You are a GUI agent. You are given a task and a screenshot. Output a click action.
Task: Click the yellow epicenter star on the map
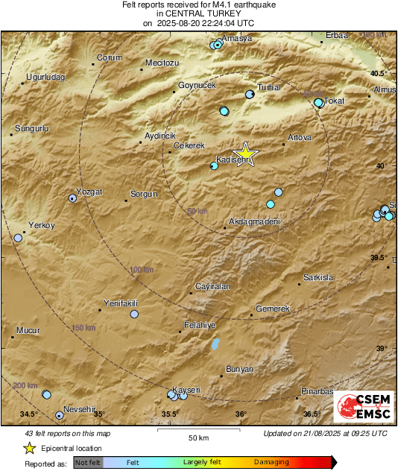pyautogui.click(x=245, y=154)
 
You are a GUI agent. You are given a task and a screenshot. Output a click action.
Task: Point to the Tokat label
pyautogui.click(x=338, y=101)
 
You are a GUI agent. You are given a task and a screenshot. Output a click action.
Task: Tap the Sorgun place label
pyautogui.click(x=145, y=194)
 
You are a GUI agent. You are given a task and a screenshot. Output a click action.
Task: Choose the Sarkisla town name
pyautogui.click(x=318, y=277)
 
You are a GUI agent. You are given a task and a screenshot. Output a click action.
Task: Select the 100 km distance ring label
pyautogui.click(x=142, y=269)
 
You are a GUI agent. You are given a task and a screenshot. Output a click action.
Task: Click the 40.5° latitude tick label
pyautogui.click(x=379, y=73)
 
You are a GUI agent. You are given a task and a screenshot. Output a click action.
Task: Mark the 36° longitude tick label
pyautogui.click(x=241, y=414)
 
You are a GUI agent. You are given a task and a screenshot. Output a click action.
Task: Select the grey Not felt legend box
pyautogui.click(x=89, y=463)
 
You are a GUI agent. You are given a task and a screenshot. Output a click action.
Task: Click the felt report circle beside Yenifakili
pyautogui.click(x=134, y=314)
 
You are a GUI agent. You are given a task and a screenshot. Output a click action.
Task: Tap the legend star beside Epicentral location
pyautogui.click(x=29, y=448)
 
